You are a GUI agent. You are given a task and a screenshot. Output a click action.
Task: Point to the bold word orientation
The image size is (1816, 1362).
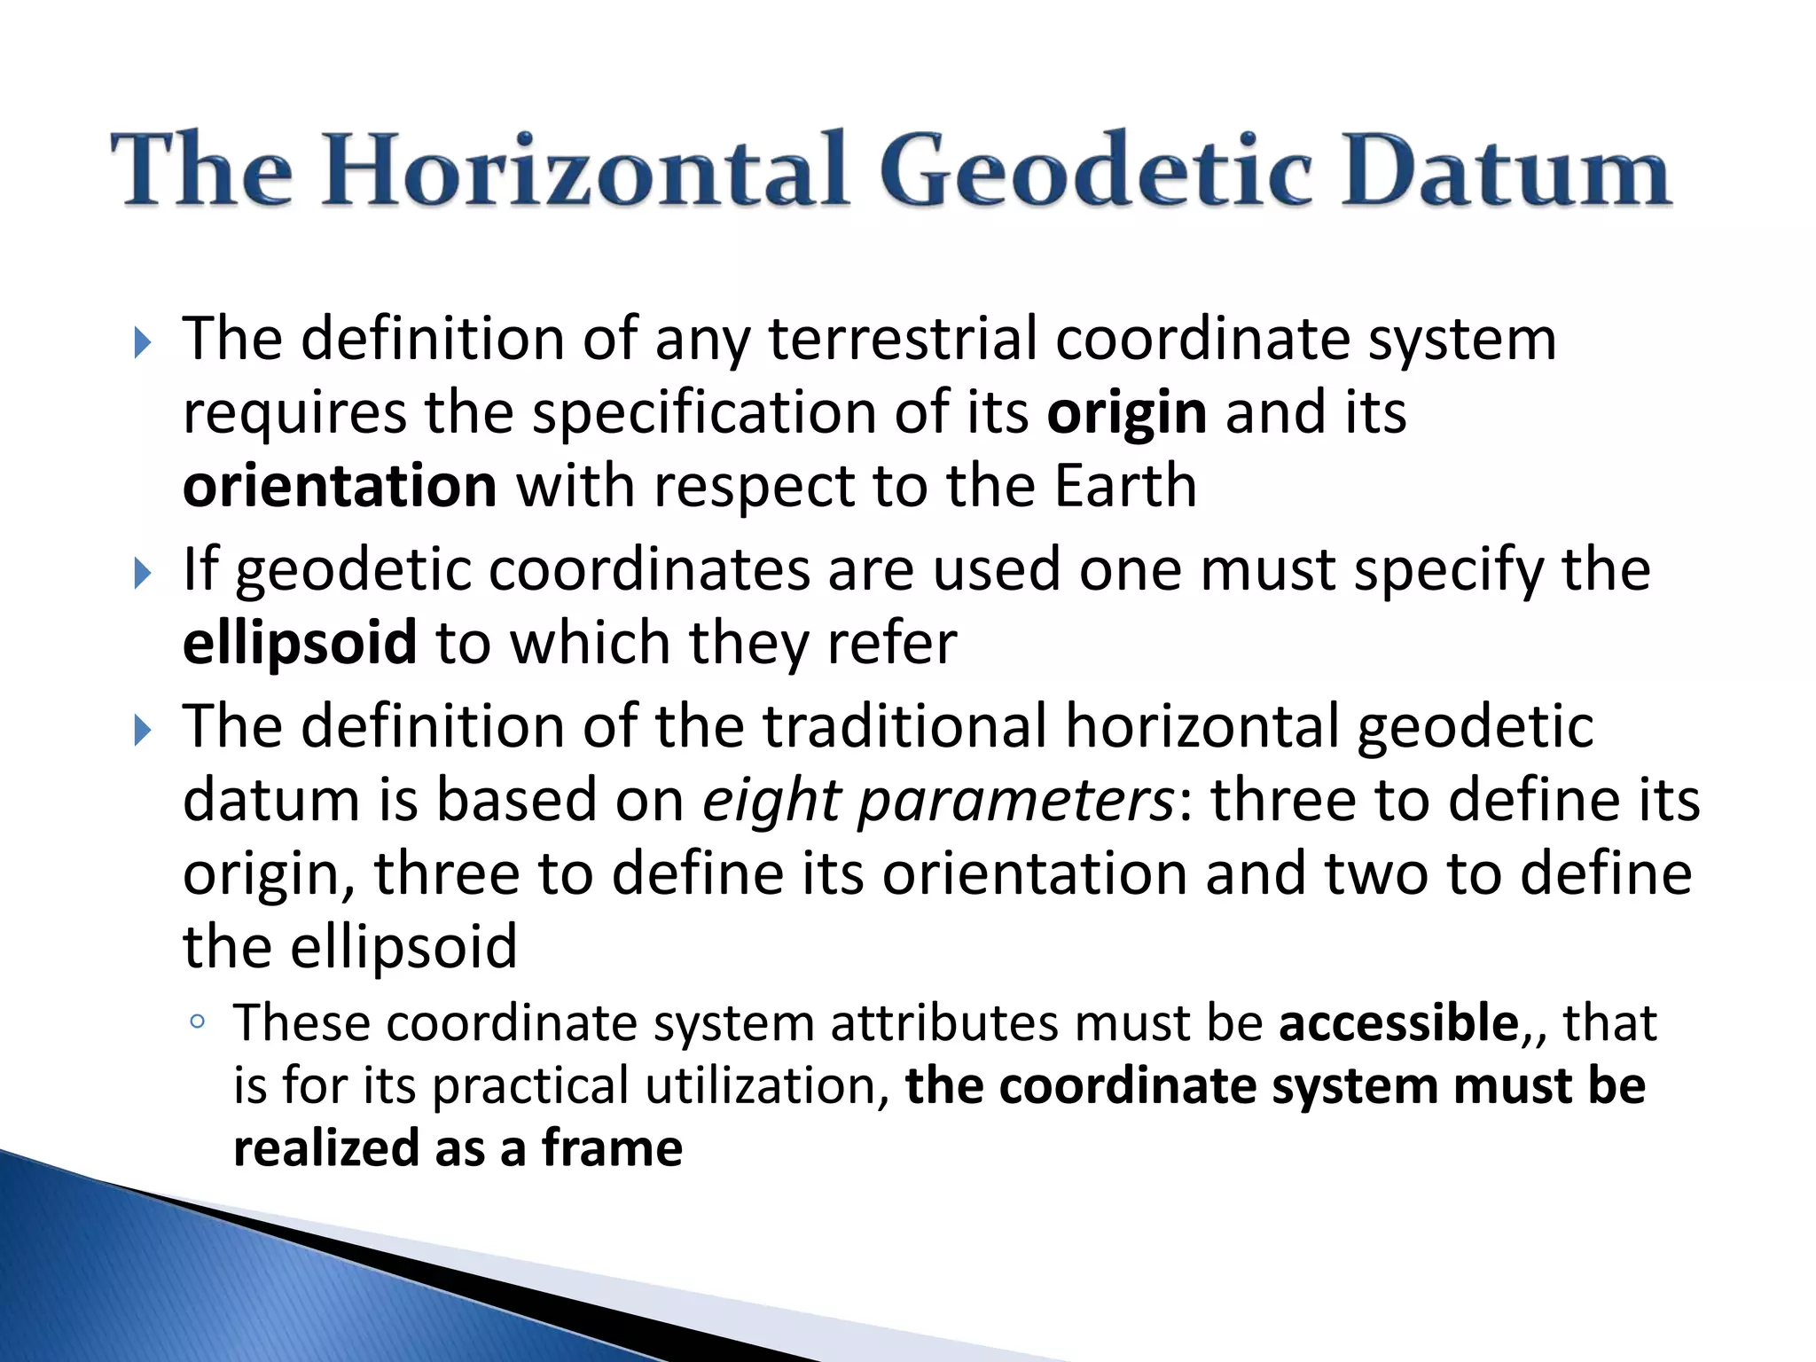340,487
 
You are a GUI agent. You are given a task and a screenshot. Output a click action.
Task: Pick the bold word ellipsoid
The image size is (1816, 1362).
300,643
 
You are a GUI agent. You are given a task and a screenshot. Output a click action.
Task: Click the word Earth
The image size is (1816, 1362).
1125,487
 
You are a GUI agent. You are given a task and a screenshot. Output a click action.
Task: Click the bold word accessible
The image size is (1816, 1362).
1399,1023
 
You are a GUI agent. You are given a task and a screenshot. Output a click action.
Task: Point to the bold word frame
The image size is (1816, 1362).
612,1148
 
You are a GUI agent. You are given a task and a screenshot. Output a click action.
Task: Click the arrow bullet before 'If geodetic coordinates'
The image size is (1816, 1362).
143,574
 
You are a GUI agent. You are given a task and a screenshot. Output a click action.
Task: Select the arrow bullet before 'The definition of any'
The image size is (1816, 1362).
143,343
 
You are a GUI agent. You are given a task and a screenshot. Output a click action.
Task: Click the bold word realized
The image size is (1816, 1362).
325,1148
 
